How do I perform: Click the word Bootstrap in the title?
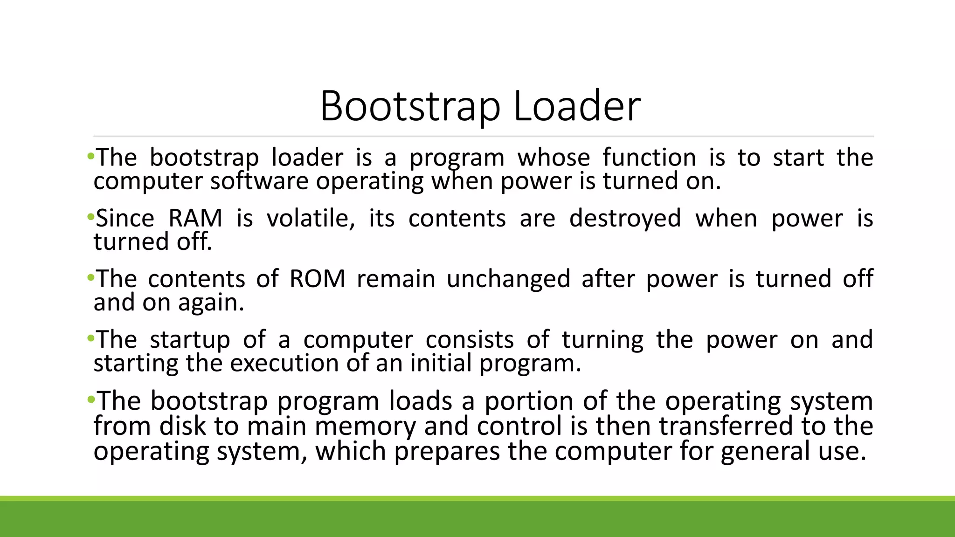click(410, 106)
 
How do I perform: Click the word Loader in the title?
click(577, 106)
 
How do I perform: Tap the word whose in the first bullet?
click(554, 158)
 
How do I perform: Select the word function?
click(649, 158)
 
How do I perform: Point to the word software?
click(259, 181)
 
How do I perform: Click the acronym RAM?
click(195, 218)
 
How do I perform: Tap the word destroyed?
click(625, 218)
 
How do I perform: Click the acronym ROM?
click(317, 279)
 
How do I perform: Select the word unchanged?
click(508, 279)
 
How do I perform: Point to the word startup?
click(190, 339)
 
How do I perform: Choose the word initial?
click(441, 363)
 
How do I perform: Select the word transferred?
click(726, 426)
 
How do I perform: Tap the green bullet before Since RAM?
click(90, 217)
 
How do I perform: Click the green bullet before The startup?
click(90, 338)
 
